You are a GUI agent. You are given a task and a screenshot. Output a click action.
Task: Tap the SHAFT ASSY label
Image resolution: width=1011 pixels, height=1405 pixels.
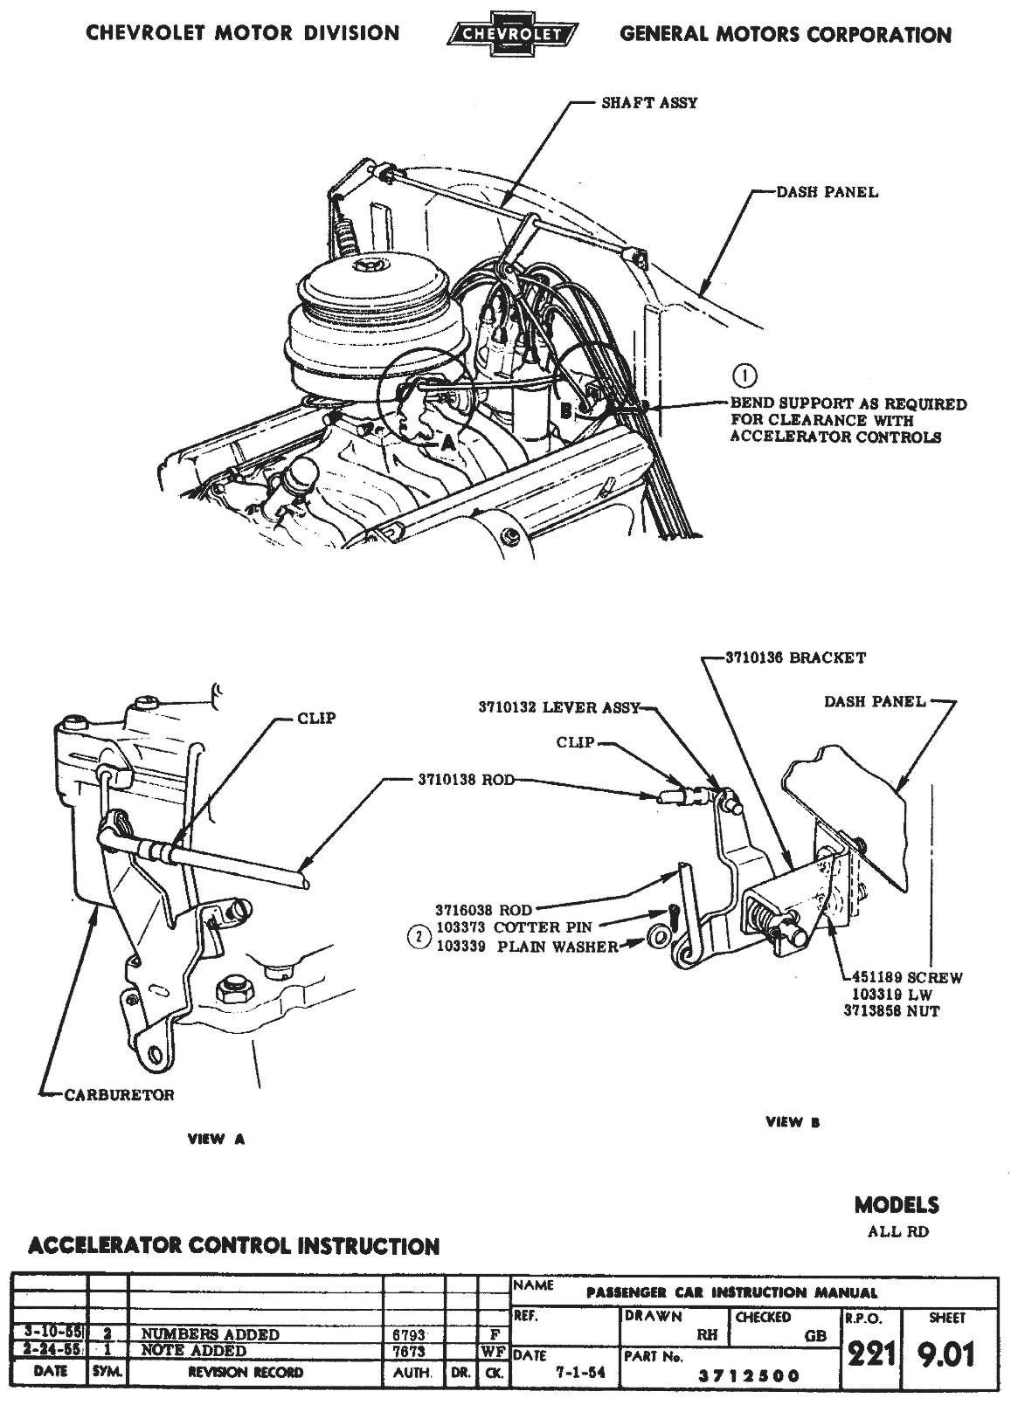(x=649, y=102)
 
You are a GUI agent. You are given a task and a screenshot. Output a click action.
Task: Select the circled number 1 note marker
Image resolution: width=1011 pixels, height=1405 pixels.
(x=744, y=376)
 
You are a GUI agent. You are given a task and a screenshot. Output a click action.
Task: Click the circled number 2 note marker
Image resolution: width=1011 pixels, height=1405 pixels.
(x=419, y=938)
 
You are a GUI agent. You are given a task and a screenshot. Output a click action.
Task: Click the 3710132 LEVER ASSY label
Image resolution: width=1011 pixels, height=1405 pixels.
(x=559, y=707)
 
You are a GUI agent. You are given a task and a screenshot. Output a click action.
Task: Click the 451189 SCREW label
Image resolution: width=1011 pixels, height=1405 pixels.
(x=903, y=978)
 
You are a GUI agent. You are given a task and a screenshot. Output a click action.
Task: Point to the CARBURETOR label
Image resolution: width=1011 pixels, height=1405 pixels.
(x=119, y=1094)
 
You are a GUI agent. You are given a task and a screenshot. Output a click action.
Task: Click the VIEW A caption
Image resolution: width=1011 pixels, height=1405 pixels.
(x=217, y=1139)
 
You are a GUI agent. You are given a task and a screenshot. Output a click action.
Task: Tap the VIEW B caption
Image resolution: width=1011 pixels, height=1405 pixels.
(x=793, y=1122)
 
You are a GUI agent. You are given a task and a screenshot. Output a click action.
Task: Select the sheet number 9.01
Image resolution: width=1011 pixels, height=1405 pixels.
(x=945, y=1354)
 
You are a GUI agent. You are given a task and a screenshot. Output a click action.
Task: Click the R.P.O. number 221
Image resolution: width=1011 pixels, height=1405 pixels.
(x=870, y=1354)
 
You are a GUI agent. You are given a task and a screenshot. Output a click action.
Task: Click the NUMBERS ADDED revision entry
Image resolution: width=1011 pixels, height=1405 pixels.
(x=210, y=1334)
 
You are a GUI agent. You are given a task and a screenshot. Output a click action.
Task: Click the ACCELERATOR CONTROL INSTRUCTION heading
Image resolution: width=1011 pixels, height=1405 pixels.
(x=233, y=1246)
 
